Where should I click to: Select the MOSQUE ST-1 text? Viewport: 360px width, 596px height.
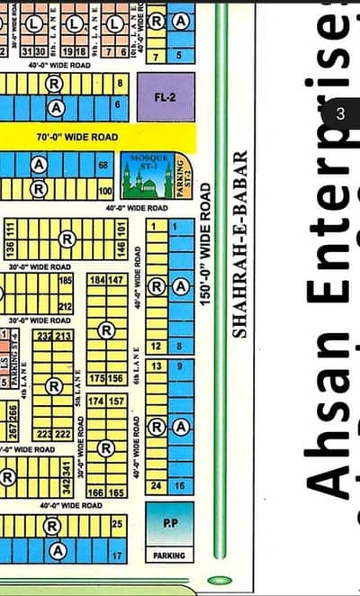point(144,162)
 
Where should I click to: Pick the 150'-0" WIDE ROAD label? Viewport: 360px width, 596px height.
point(205,244)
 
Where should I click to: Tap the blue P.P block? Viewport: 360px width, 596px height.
point(169,522)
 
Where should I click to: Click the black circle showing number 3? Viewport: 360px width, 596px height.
point(340,114)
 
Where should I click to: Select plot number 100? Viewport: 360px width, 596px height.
point(104,191)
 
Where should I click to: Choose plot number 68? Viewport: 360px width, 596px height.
point(103,166)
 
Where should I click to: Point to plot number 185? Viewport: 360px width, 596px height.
point(65,281)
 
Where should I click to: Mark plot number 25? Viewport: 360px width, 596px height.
point(117,523)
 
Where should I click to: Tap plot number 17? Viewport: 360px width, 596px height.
point(117,556)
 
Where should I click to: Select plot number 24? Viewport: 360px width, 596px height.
point(156,486)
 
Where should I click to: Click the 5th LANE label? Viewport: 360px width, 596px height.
point(78,392)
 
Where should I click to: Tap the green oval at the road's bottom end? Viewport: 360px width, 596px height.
point(219,580)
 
